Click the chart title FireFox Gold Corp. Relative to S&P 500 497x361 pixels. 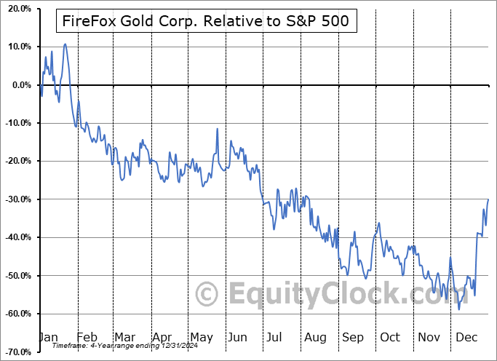pos(207,22)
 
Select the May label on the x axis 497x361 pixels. pos(201,338)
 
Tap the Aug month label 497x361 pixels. pos(316,338)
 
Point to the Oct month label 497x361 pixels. pos(391,338)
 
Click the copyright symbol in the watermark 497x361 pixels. pos(207,294)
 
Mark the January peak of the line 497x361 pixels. pos(65,44)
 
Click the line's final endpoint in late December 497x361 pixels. pos(488,199)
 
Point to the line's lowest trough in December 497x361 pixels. pos(459,309)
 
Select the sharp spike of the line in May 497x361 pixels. pos(216,129)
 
